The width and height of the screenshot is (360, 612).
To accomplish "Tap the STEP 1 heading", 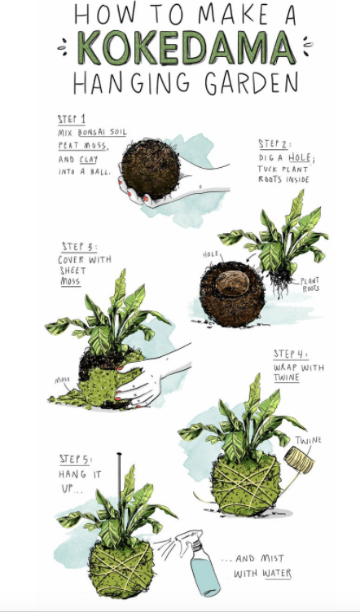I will point(72,119).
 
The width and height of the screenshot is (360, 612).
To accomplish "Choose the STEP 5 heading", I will point(76,460).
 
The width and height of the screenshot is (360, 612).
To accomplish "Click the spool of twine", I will point(298,462).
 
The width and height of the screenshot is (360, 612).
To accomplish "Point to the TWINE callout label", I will point(309,440).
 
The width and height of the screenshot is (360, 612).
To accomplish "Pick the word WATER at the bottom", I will point(274,574).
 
